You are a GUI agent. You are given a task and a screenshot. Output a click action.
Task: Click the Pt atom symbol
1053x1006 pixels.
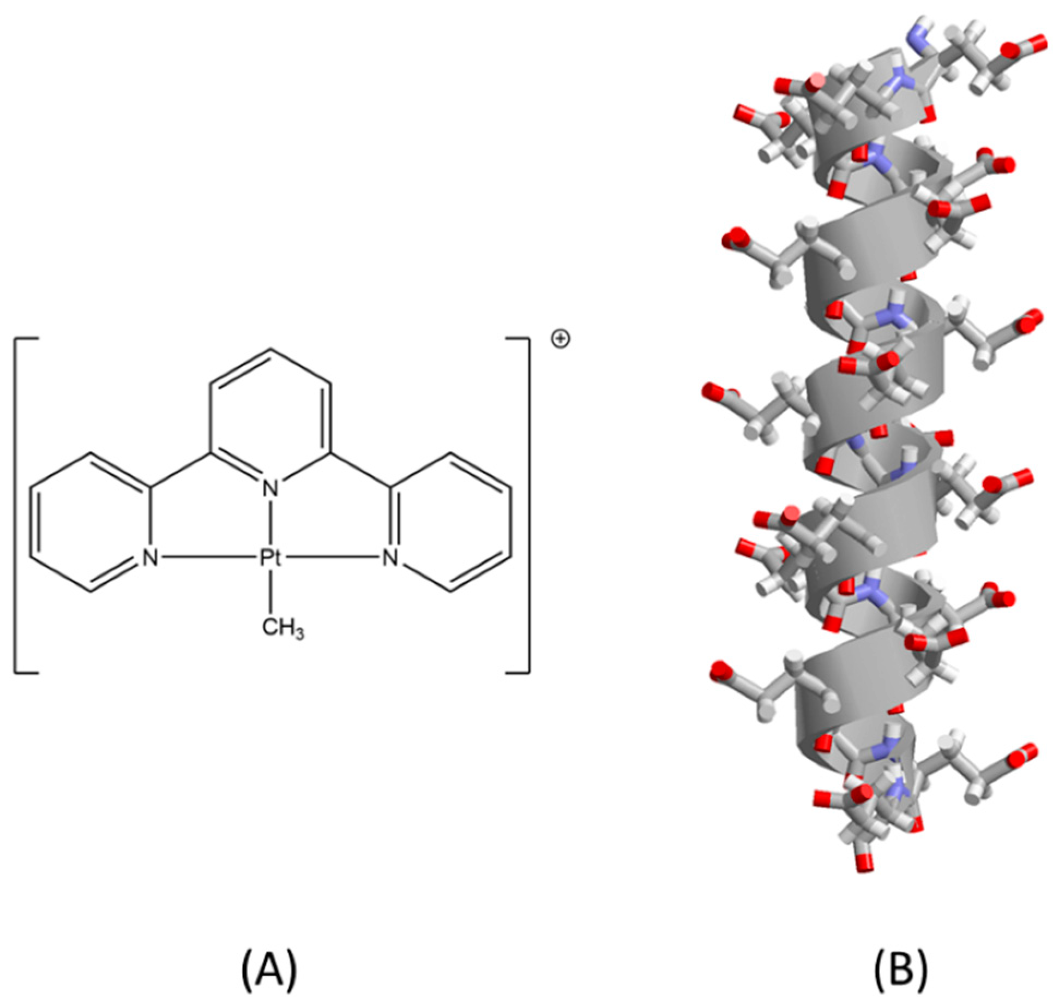point(270,558)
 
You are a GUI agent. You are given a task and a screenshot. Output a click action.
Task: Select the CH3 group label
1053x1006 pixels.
point(282,628)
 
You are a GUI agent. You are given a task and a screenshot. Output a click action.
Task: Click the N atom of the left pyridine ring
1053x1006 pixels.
point(150,558)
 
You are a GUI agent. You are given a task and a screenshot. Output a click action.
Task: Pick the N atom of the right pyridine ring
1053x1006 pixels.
point(389,558)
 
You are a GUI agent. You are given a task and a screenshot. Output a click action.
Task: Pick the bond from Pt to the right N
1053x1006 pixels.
point(330,558)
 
